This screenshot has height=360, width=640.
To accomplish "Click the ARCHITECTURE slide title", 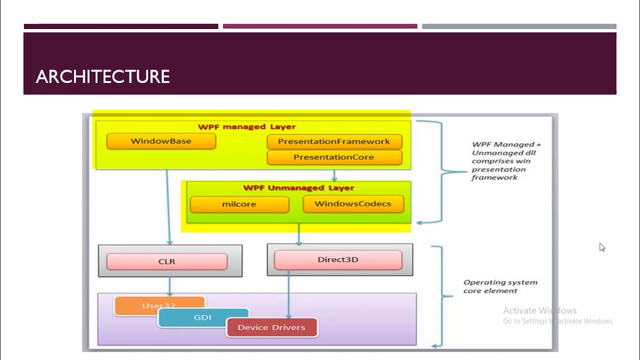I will coord(103,76).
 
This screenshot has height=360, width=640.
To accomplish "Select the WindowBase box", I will coord(161,141).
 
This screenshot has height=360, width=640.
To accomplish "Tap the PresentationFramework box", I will coord(334,141).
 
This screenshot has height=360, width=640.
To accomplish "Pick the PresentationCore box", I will coord(334,157).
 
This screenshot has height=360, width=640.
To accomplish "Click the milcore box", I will coord(239,204).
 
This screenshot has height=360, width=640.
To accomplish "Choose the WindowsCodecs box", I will coord(353,204).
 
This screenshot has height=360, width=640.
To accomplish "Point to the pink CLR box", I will coord(167,261).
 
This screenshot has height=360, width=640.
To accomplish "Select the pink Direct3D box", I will coord(338,260).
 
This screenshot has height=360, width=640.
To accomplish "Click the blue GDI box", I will coord(202,317).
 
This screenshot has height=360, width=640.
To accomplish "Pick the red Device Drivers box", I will coord(271,327).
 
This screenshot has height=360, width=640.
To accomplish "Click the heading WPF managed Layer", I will coord(247,127).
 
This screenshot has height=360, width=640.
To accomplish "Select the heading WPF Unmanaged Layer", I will coord(298,188).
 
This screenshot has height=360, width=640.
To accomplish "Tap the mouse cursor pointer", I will coord(601,247).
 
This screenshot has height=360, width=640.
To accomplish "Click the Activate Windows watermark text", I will coord(539,310).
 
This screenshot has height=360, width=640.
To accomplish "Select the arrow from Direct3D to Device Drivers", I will coord(288,295).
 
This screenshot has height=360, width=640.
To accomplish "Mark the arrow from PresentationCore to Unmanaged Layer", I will coord(334,175).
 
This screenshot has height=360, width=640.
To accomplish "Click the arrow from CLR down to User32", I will coord(169,286).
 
